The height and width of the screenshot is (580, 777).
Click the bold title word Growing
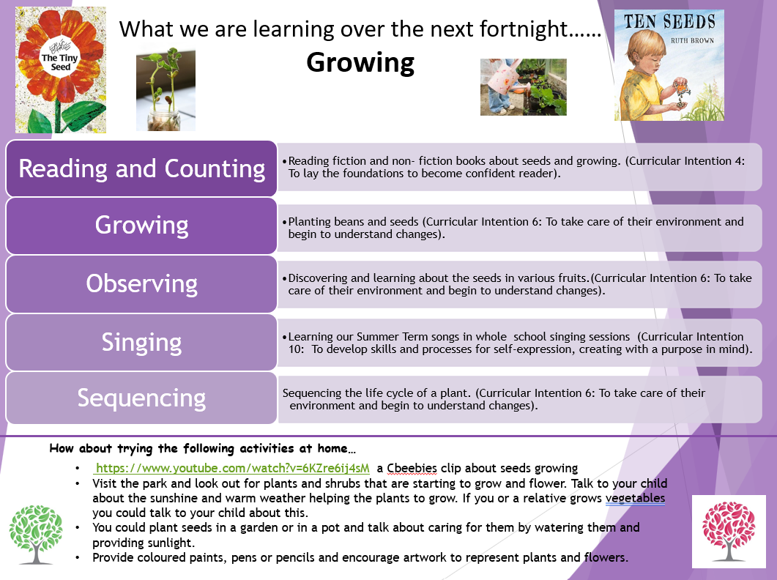[x=360, y=64]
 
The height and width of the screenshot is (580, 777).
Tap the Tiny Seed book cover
[x=61, y=70]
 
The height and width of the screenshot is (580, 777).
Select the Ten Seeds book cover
[x=669, y=65]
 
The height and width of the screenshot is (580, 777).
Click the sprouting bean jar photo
[x=166, y=89]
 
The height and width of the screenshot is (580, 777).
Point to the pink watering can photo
[x=524, y=87]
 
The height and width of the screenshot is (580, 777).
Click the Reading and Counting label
[x=142, y=168]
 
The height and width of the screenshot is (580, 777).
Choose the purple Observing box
[x=141, y=284]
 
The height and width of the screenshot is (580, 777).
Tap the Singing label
[x=142, y=343]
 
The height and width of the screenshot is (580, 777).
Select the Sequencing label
[x=141, y=398]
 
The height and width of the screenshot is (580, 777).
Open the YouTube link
[x=232, y=468]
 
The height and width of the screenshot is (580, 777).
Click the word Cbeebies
[x=412, y=468]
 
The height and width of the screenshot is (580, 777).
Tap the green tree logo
[x=36, y=535]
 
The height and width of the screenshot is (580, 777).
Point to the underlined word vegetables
[x=635, y=498]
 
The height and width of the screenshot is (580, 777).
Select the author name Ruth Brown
[x=692, y=41]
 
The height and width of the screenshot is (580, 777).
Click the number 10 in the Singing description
[x=295, y=349]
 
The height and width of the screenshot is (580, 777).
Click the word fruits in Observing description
[x=573, y=278]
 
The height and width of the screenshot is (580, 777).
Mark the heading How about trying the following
[x=202, y=449]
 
